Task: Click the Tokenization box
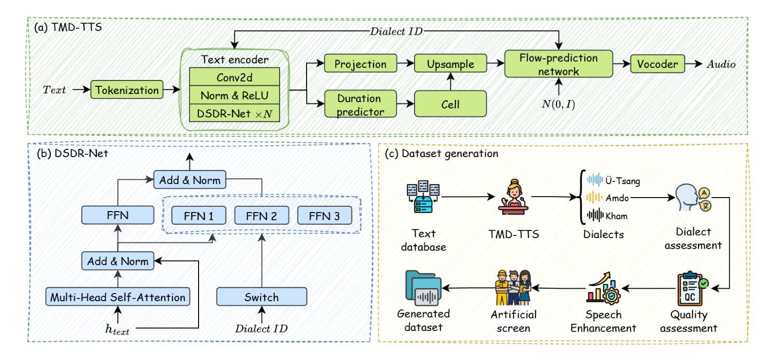tap(127, 90)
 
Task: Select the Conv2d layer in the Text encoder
tap(234, 77)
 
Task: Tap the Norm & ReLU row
tap(234, 95)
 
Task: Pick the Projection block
tap(360, 64)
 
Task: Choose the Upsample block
tap(450, 64)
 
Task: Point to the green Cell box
tap(450, 105)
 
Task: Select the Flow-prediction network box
tap(558, 65)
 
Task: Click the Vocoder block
tap(657, 64)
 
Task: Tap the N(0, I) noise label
tap(558, 104)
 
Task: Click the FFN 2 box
tap(261, 216)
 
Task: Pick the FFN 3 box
tap(324, 216)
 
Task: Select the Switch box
tap(261, 297)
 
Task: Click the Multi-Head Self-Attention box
tap(118, 297)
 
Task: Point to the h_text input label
tap(118, 330)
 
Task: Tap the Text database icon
tap(423, 197)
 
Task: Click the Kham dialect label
tap(617, 216)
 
